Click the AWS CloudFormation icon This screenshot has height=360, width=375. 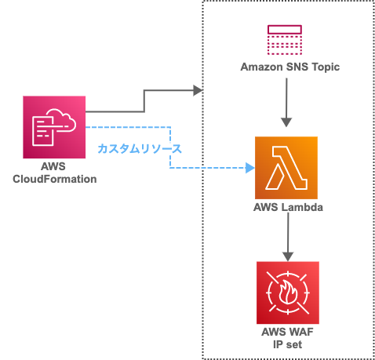click(x=54, y=127)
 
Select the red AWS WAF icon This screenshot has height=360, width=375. click(x=287, y=293)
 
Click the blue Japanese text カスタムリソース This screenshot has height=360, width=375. click(x=139, y=147)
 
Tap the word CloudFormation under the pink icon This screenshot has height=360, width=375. click(x=55, y=179)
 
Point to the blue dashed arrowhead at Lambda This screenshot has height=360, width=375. click(x=250, y=168)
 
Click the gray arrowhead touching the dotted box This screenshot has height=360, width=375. click(x=198, y=91)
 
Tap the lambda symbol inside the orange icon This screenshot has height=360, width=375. click(x=286, y=168)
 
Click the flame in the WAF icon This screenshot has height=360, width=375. click(x=288, y=293)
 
